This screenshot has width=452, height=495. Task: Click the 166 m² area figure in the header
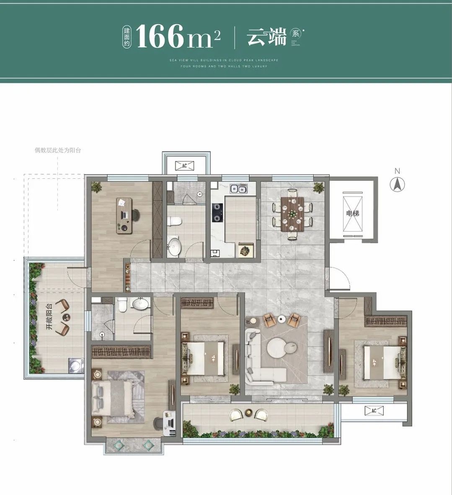click(178, 37)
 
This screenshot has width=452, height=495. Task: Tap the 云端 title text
click(266, 37)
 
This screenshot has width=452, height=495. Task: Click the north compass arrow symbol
click(397, 184)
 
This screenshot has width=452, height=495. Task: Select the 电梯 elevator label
click(352, 213)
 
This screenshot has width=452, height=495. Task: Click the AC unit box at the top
click(184, 165)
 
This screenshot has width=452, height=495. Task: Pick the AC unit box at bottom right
click(374, 411)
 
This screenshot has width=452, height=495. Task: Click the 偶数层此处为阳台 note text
click(58, 150)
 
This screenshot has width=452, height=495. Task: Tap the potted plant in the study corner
click(97, 187)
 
